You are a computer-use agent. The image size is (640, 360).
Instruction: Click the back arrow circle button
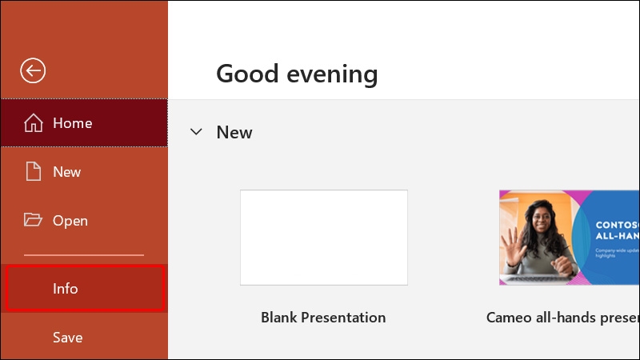[x=33, y=71]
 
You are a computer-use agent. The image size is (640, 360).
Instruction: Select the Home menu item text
[x=72, y=123]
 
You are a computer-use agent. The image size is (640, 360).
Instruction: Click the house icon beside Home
[x=33, y=123]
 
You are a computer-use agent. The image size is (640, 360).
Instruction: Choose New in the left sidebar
[x=66, y=172]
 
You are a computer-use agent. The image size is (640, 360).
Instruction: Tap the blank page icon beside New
[x=33, y=171]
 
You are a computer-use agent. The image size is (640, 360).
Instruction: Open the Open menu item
[x=70, y=221]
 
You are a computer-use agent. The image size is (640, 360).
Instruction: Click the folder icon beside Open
[x=33, y=220]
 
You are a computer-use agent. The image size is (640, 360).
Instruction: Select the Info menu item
[x=66, y=289]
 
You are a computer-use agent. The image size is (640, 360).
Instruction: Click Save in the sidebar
[x=67, y=338]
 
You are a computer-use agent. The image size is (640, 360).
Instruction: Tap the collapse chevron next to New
[x=196, y=132]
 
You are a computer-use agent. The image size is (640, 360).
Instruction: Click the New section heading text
[x=234, y=133]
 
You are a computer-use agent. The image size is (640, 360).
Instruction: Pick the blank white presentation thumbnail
[x=323, y=237]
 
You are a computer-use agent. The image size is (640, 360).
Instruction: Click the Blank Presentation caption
[x=323, y=318]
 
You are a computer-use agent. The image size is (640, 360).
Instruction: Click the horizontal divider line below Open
[x=83, y=255]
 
